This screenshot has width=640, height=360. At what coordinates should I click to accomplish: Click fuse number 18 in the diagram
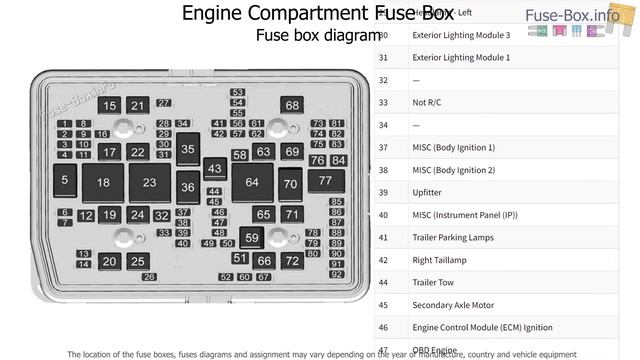click(103, 183)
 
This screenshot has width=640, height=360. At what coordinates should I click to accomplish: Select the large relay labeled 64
click(252, 183)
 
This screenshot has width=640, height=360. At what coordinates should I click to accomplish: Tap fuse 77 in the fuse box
click(325, 181)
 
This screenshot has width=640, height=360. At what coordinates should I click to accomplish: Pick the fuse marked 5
click(65, 180)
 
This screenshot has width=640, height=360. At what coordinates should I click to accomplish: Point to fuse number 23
click(149, 183)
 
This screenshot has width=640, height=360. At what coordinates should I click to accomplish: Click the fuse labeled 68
click(291, 105)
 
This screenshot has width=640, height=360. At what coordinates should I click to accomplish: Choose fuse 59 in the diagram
click(252, 238)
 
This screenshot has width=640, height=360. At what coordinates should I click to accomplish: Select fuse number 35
click(188, 149)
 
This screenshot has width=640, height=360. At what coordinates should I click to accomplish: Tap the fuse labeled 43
click(215, 169)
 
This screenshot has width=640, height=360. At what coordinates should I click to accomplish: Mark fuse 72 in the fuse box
click(291, 261)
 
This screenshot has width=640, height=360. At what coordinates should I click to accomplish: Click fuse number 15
click(110, 106)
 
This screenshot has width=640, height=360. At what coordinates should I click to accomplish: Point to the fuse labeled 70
click(290, 184)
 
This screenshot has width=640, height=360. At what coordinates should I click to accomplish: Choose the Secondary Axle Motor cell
click(453, 305)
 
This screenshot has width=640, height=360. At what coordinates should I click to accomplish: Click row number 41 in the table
click(383, 237)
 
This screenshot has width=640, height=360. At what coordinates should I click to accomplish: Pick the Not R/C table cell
click(426, 102)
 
